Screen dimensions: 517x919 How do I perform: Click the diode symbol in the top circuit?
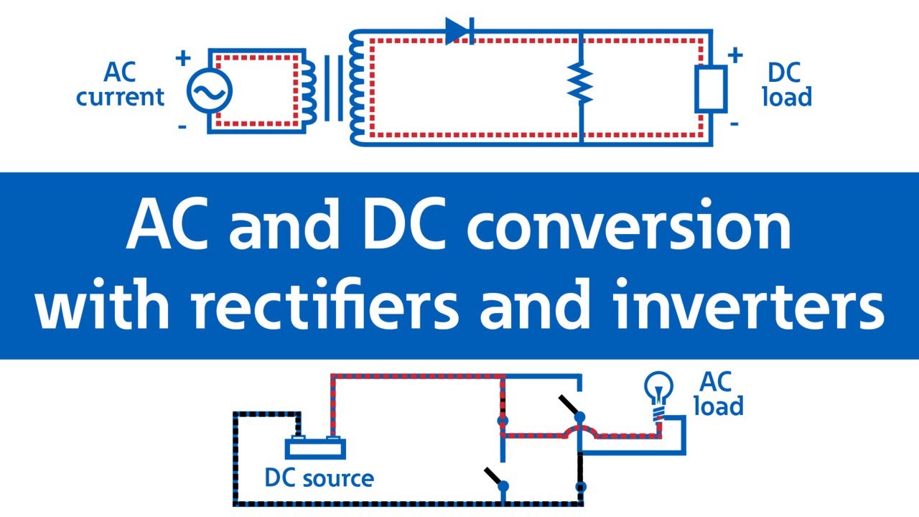point(459,32)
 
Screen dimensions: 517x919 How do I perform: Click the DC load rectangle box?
point(710,89)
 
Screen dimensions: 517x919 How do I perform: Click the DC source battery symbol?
point(315,447)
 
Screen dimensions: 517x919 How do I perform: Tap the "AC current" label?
point(120,84)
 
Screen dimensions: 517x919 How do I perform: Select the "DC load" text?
point(787,84)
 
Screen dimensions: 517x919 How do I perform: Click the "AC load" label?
point(719,395)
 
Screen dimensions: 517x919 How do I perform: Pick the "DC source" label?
point(319,478)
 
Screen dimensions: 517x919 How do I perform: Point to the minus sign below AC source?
point(183,127)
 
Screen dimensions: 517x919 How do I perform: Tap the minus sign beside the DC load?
point(734,124)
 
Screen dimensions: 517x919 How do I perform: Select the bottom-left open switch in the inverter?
point(495,478)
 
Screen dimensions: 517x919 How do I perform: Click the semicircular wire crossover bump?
point(579,431)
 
